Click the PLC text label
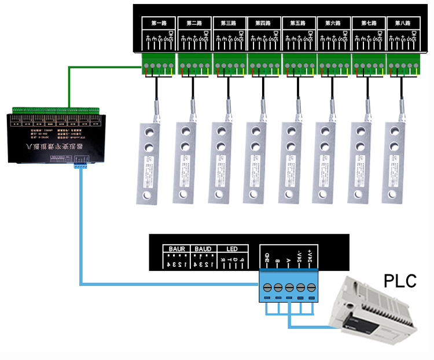pyautogui.click(x=400, y=281)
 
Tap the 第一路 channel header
pyautogui.click(x=159, y=24)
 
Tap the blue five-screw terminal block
pyautogui.click(x=289, y=288)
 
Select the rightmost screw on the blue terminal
pyautogui.click(x=312, y=287)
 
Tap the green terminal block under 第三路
pyautogui.click(x=229, y=64)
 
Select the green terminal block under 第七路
pyautogui.click(x=368, y=64)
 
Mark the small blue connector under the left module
pyautogui.click(x=80, y=166)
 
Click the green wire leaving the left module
pyautogui.click(x=69, y=87)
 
